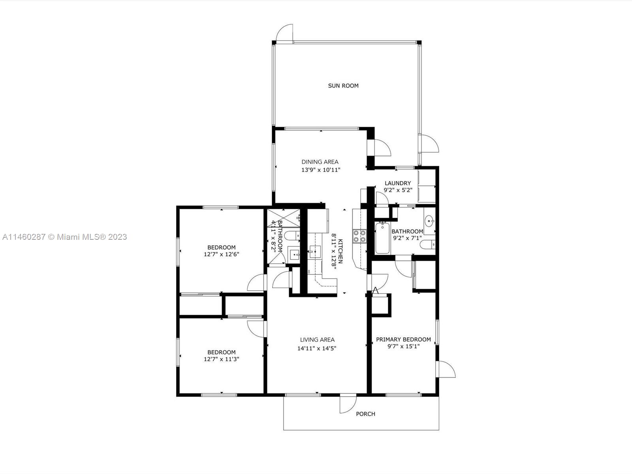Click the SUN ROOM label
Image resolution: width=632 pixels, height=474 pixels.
[x=343, y=85]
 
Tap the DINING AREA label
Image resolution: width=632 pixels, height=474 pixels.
[x=320, y=162]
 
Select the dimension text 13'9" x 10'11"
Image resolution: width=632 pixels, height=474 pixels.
[x=321, y=170]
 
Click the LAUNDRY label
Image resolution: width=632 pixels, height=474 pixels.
[x=398, y=183]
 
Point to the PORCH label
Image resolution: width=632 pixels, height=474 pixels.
[x=365, y=414]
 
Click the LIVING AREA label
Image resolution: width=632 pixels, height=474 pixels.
[x=317, y=340]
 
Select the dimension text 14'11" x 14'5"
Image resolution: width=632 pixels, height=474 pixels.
[x=317, y=348]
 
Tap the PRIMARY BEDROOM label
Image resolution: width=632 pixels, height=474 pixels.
[x=403, y=339]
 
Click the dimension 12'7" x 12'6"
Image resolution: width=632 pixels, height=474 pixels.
[x=222, y=254]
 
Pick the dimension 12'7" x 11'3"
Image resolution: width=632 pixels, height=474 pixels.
[x=222, y=359]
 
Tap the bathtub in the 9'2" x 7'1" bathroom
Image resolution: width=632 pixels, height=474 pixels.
[x=382, y=238]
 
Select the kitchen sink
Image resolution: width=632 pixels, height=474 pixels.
[x=315, y=252]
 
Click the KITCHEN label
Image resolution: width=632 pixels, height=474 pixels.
[x=340, y=251]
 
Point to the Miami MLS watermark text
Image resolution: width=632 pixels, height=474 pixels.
[x=64, y=237]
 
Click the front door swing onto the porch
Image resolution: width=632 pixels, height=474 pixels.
[x=348, y=405]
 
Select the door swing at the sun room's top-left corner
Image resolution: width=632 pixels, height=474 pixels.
[x=284, y=33]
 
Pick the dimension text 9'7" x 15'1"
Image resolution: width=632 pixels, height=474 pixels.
[x=403, y=346]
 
